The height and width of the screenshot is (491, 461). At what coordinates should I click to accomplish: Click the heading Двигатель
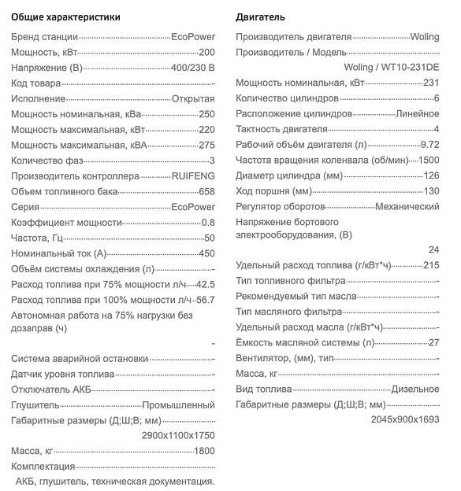click(260, 17)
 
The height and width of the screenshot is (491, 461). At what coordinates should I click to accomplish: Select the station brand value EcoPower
click(193, 37)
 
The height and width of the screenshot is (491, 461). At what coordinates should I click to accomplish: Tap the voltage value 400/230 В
click(193, 68)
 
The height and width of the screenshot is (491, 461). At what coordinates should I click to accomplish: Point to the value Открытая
click(193, 98)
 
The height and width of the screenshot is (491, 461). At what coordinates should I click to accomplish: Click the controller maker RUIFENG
click(193, 176)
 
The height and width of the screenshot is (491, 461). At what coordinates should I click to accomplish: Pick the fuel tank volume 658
click(206, 191)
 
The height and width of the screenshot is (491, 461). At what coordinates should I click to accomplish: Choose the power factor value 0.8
click(208, 223)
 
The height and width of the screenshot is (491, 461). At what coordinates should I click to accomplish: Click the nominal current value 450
click(206, 253)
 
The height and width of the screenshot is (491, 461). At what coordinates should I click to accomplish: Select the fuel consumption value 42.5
click(204, 284)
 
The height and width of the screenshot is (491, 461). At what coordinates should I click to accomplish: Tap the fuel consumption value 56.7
click(204, 300)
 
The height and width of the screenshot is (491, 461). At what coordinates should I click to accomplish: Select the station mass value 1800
click(204, 451)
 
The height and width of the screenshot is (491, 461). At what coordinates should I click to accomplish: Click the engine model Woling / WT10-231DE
click(392, 67)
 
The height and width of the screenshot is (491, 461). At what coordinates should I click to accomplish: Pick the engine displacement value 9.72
click(430, 145)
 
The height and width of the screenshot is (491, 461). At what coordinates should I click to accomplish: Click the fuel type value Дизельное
click(415, 389)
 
